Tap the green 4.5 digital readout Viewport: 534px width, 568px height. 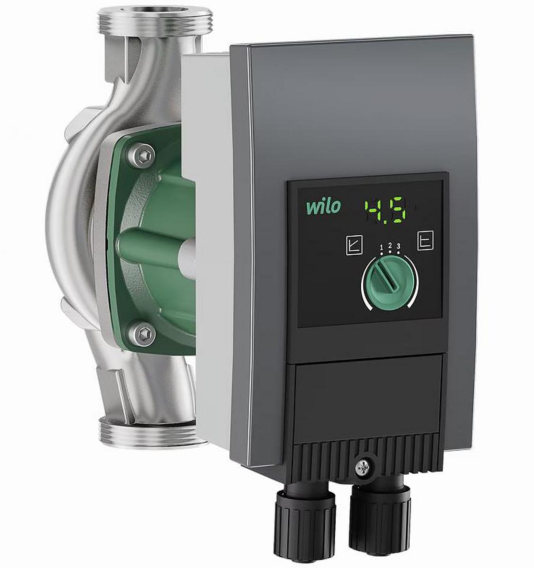click(387, 211)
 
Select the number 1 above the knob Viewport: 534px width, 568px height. click(381, 246)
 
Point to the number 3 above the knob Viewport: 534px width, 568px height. click(398, 246)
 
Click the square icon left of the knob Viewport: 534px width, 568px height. click(354, 245)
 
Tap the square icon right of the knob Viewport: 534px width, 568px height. click(426, 240)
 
